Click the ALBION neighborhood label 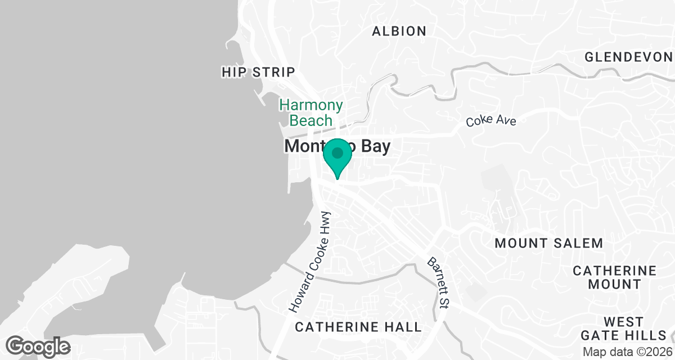coord(399,31)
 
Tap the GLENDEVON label coord(628,57)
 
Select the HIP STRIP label coord(258,72)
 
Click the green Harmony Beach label coord(311,112)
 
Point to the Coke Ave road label coord(490,120)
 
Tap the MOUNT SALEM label coord(549,243)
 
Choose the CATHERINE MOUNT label coord(614,277)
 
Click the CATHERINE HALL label coord(358,327)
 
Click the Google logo coord(38,346)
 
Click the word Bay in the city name coord(372,146)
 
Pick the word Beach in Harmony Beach coord(311,120)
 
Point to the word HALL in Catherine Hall coord(403,327)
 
